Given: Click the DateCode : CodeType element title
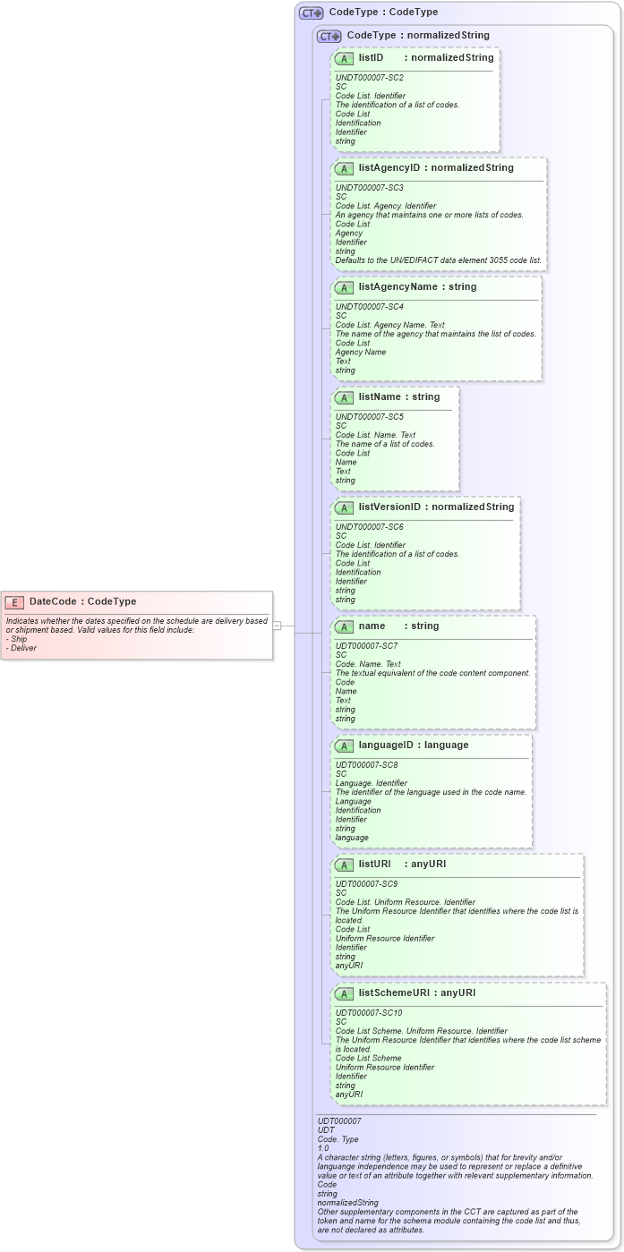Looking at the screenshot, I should (x=82, y=601).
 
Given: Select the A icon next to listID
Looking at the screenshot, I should (x=344, y=58).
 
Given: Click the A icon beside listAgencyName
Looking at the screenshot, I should (x=344, y=287).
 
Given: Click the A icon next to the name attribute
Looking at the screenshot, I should (x=344, y=626).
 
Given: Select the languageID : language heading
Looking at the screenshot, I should (x=413, y=745).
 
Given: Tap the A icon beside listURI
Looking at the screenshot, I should (x=344, y=864).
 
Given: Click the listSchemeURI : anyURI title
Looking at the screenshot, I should (x=416, y=992).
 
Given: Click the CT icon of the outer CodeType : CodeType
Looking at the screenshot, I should (x=311, y=13).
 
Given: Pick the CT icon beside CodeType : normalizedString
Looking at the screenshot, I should (x=329, y=36).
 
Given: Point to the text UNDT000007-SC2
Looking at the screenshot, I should (x=369, y=78).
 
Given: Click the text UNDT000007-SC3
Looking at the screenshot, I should (x=369, y=188).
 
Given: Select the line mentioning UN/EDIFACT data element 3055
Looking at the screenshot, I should (x=438, y=260).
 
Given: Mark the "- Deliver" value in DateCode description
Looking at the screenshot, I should (x=21, y=648).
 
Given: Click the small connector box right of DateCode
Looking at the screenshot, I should (x=277, y=625).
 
